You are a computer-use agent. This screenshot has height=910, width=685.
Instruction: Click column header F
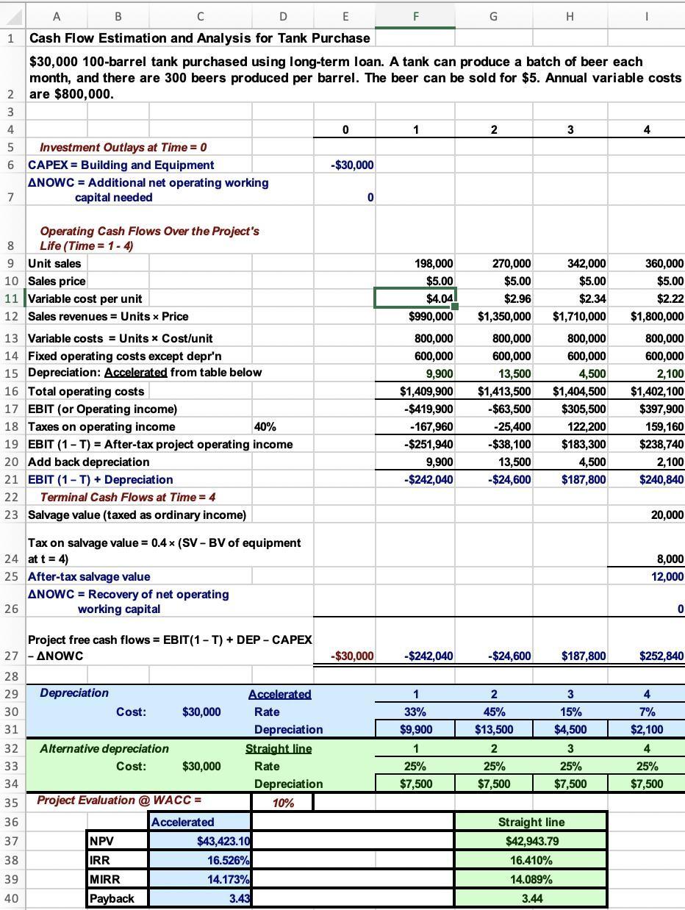[416, 16]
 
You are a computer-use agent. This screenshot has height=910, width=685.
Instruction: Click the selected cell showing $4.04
[416, 298]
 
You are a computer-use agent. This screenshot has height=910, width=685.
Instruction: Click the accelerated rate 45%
[493, 712]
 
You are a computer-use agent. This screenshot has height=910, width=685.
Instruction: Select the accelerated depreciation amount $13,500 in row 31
[493, 730]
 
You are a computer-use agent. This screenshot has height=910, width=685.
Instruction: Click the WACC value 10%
[283, 803]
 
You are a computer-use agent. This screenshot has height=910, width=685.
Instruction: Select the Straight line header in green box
[531, 822]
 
